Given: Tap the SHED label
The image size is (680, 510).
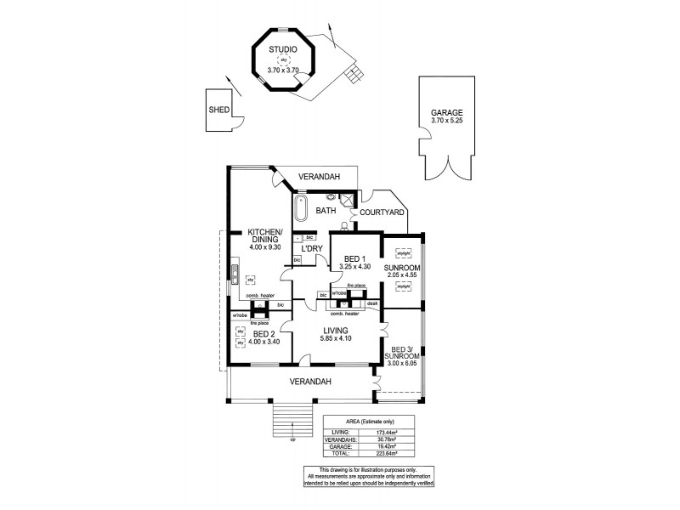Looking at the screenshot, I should (x=219, y=110).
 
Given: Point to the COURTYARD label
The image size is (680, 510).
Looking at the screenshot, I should (x=381, y=212).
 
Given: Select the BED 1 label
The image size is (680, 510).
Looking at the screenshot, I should (x=349, y=258).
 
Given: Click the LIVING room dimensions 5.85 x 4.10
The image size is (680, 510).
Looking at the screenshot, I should (x=336, y=339).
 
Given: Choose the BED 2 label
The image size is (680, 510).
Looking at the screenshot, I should (x=264, y=335).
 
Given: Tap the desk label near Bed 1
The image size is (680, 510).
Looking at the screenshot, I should (x=372, y=303).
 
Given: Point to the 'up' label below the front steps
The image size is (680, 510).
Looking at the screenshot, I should (x=293, y=439).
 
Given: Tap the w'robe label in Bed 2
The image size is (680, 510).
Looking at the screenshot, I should (x=240, y=315).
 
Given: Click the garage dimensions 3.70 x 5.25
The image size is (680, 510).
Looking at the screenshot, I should (x=446, y=122).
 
